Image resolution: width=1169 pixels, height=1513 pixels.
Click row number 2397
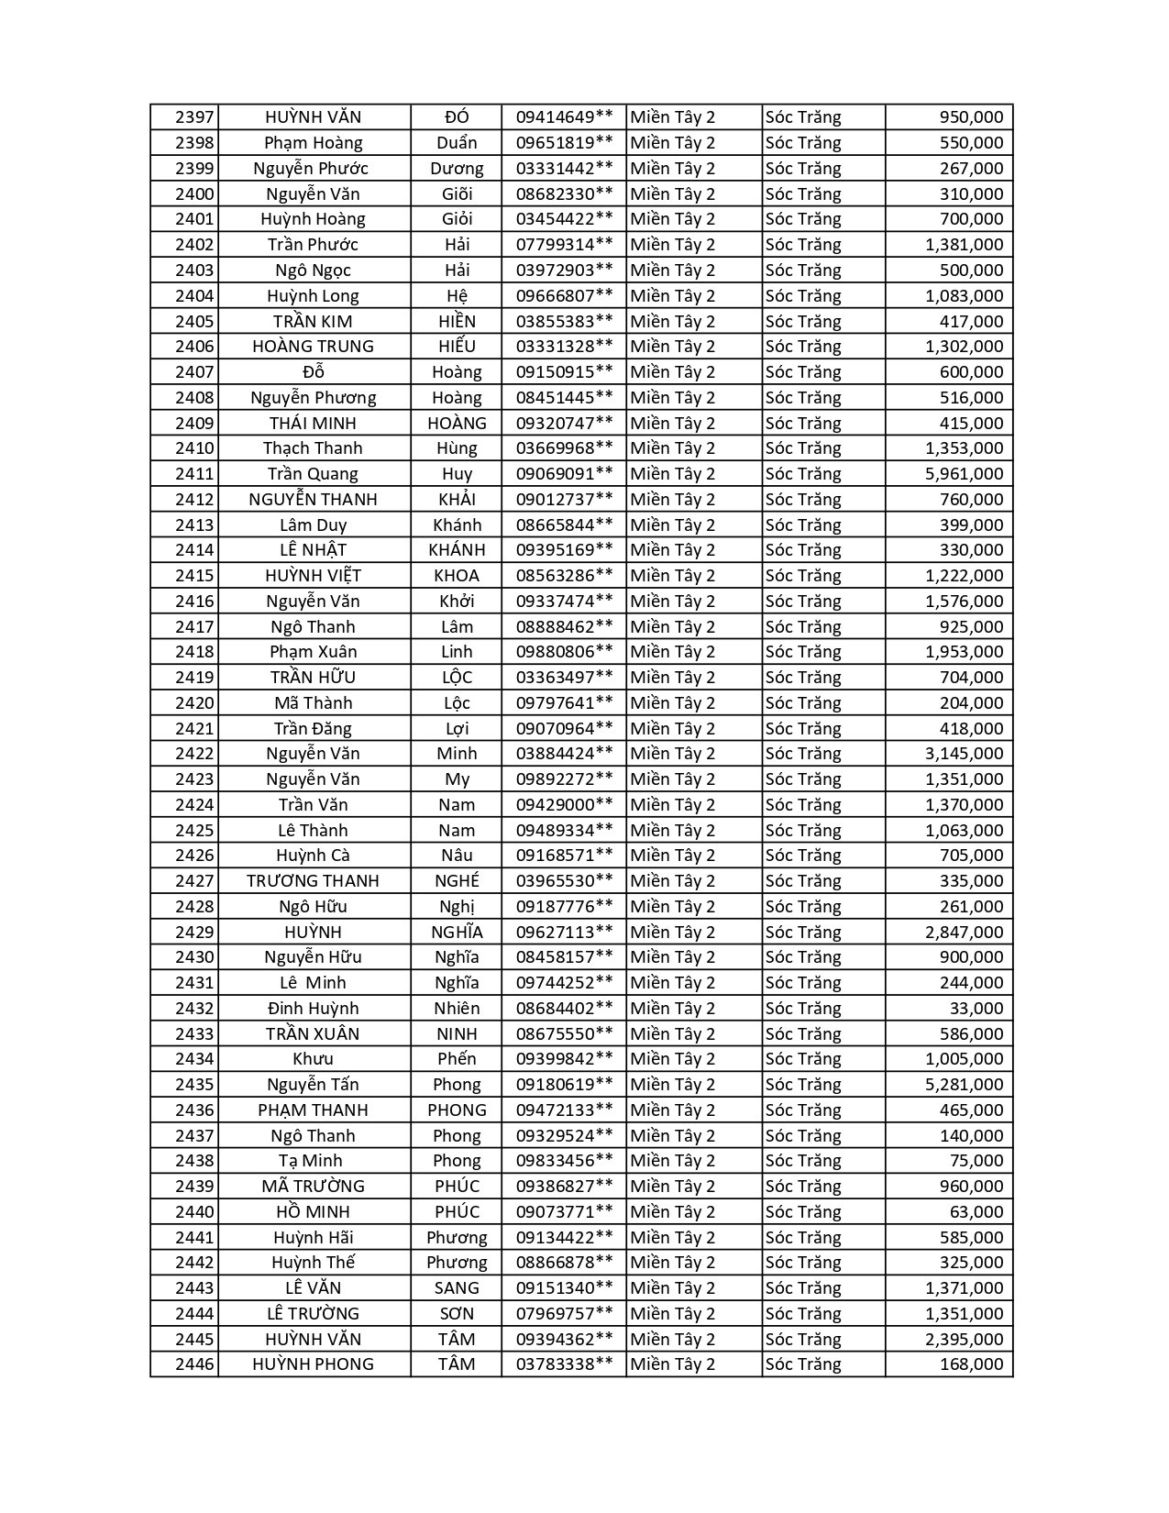pyautogui.click(x=194, y=117)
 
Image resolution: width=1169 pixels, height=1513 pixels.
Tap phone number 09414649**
pyautogui.click(x=564, y=117)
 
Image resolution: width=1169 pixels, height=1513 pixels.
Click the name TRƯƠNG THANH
pyautogui.click(x=313, y=881)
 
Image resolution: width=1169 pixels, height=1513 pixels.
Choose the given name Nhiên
pyautogui.click(x=457, y=1009)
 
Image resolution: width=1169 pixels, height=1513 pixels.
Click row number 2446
pyautogui.click(x=194, y=1364)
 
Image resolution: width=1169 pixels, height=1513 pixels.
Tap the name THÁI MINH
pyautogui.click(x=313, y=424)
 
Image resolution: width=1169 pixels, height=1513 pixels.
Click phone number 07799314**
pyautogui.click(x=564, y=245)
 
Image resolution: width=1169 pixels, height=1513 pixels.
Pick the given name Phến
pyautogui.click(x=457, y=1059)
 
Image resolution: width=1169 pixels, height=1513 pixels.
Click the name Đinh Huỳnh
pyautogui.click(x=313, y=1009)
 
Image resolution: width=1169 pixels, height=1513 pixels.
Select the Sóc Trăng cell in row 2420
pyautogui.click(x=803, y=703)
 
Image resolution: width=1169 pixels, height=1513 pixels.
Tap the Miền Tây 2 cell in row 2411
pyautogui.click(x=673, y=474)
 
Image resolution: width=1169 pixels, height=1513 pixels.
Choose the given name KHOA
pyautogui.click(x=457, y=576)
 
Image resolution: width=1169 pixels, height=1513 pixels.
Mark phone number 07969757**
pyautogui.click(x=564, y=1314)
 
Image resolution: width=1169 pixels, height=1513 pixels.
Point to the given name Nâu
pyautogui.click(x=457, y=856)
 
